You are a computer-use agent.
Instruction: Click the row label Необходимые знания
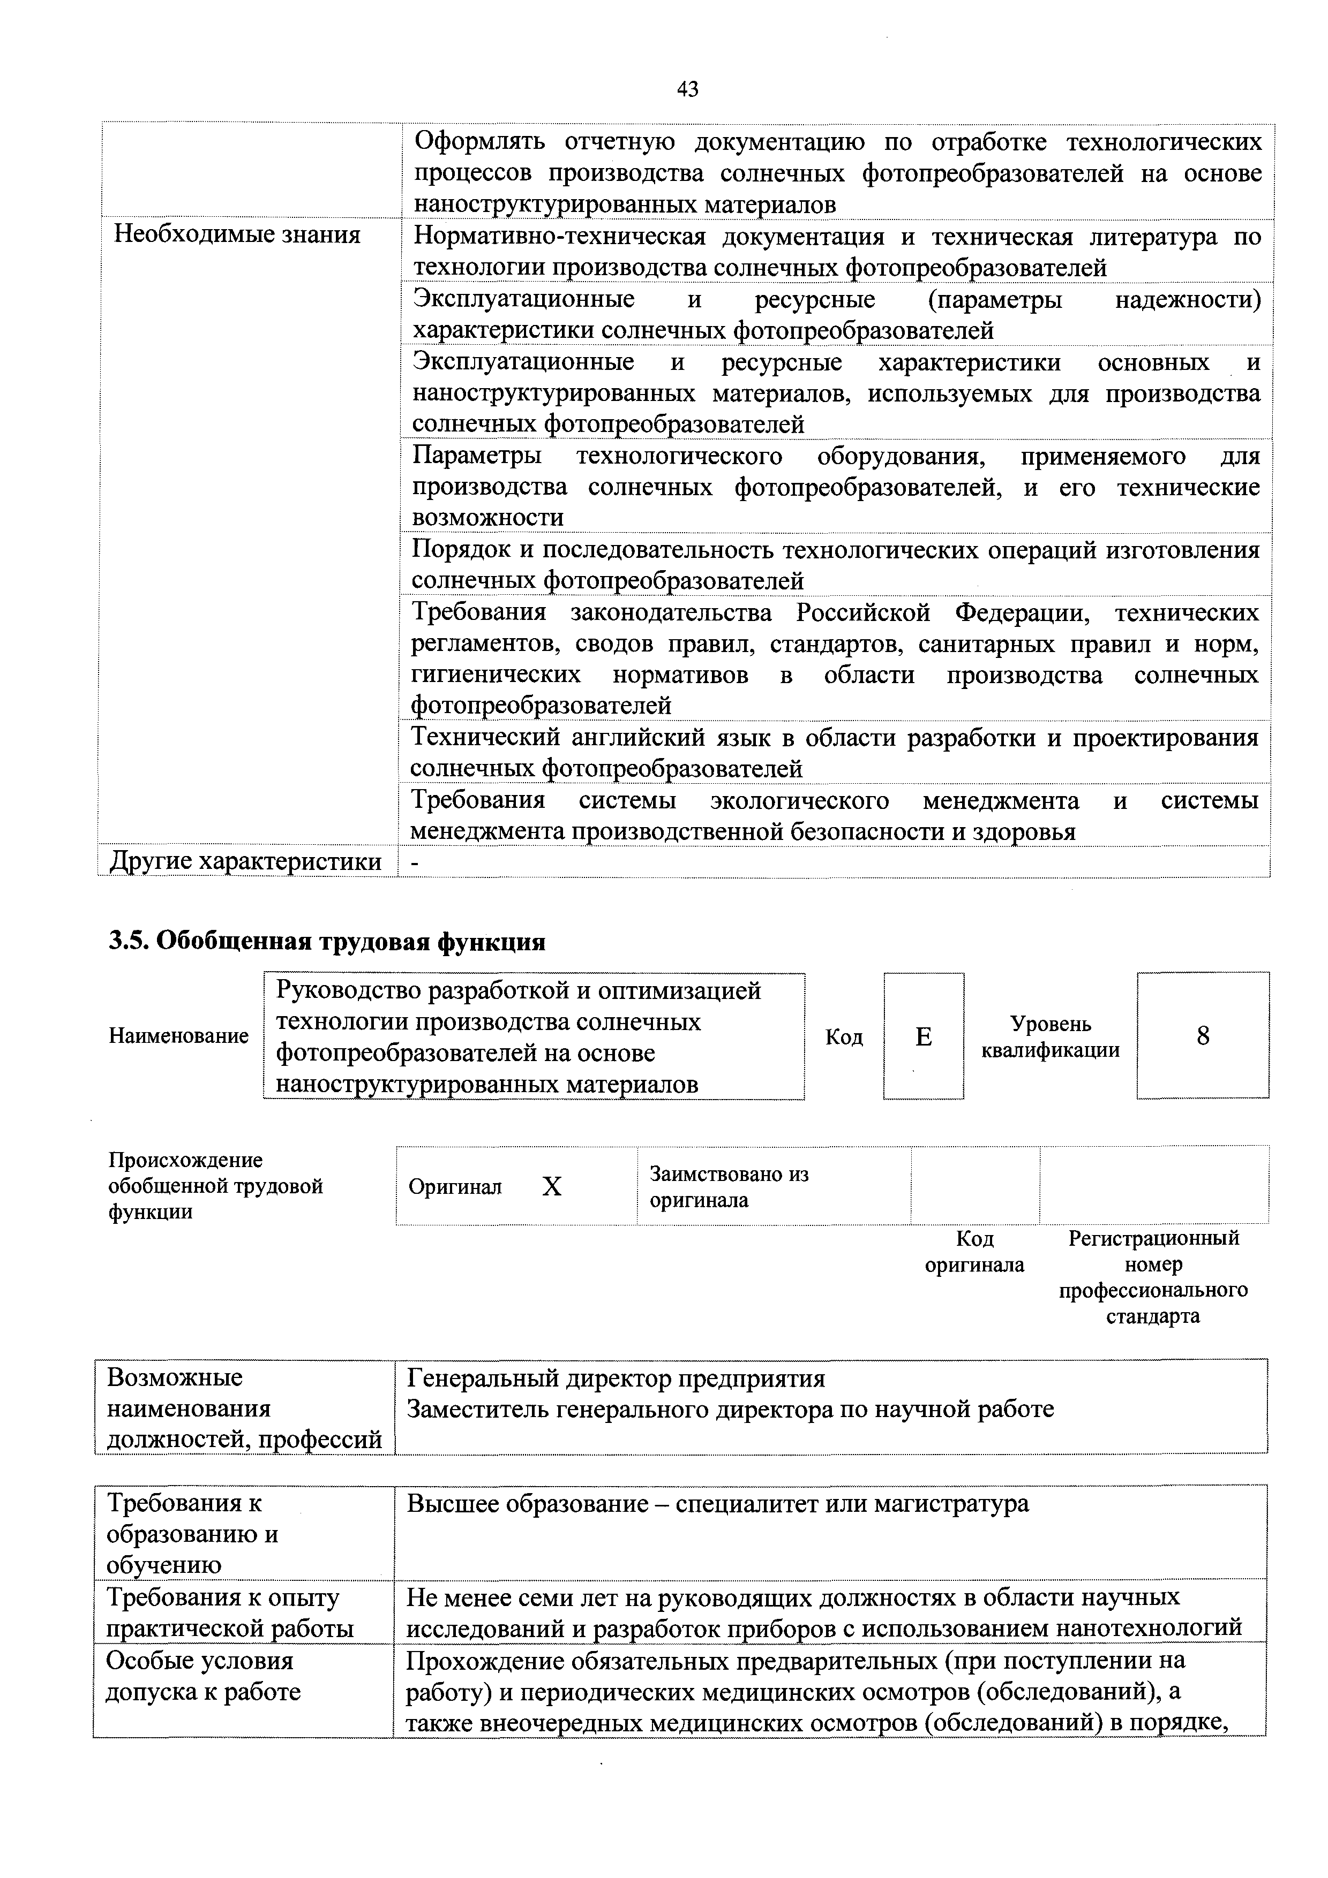(x=236, y=234)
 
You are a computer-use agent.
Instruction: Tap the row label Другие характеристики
(x=245, y=861)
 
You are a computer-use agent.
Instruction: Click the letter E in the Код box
(x=923, y=1036)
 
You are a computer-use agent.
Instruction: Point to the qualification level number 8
(x=1202, y=1036)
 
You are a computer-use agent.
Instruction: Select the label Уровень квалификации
(x=1050, y=1036)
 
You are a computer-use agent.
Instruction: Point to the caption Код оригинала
(x=974, y=1252)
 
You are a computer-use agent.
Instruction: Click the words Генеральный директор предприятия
(x=616, y=1379)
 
